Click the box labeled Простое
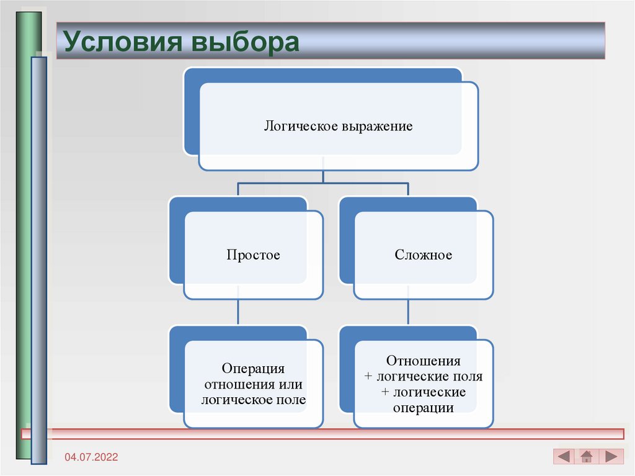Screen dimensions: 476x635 click(253, 255)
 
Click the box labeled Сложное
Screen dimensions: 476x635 click(424, 255)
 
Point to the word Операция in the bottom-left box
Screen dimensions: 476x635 click(253, 369)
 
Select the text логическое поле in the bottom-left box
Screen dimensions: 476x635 click(253, 400)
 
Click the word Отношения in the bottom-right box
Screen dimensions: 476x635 click(424, 361)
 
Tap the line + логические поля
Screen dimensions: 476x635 click(424, 377)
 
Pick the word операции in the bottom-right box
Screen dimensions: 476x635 click(424, 408)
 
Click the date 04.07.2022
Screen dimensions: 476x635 click(91, 457)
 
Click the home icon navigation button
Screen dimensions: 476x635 click(587, 457)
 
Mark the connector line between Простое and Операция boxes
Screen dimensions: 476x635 click(238, 312)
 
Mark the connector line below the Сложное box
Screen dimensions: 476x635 click(408, 312)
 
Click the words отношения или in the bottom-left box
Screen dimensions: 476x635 click(253, 384)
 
